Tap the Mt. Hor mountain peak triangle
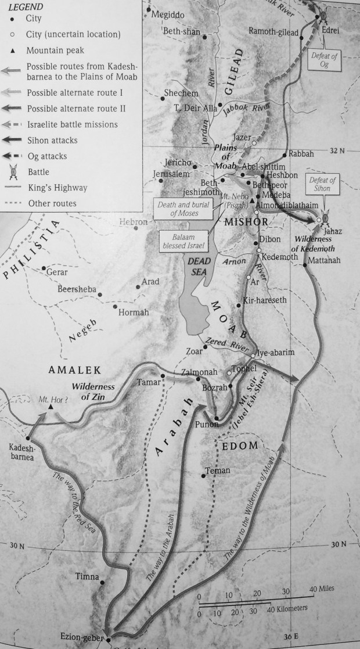tap(51, 407)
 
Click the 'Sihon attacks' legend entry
tap(52, 140)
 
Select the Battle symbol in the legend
tap(13, 172)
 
